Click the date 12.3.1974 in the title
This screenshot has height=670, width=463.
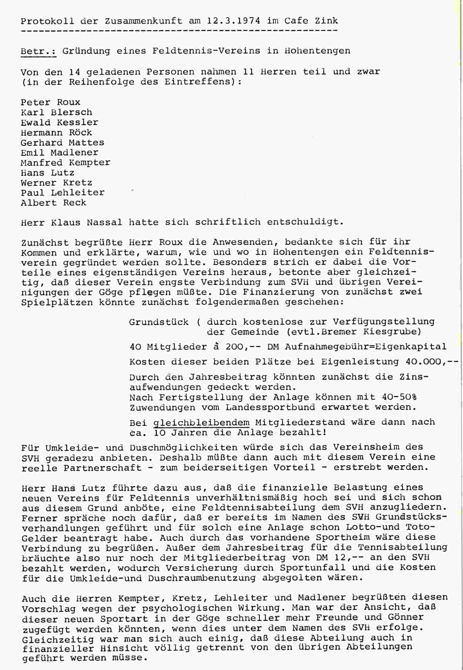233,21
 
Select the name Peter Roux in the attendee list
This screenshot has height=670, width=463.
50,102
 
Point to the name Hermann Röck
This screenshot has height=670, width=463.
56,133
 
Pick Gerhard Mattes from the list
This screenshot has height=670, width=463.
62,143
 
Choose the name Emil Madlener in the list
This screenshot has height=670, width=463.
59,153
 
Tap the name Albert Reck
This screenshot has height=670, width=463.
54,202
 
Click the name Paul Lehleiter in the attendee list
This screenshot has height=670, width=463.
62,193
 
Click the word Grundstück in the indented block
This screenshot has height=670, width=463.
159,322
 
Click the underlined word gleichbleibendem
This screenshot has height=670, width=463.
201,422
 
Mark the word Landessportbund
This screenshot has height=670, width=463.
270,407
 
